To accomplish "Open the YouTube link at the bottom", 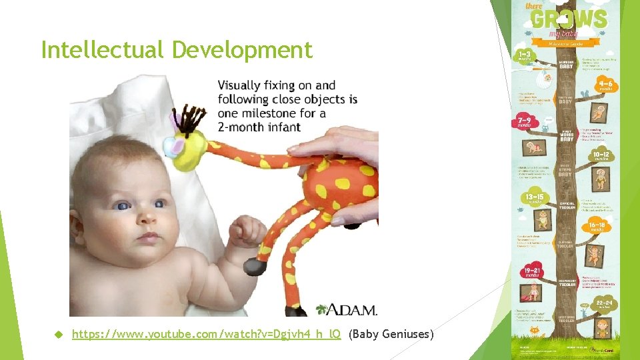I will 207,333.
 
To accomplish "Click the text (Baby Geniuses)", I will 391,333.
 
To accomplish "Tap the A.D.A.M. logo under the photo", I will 347,309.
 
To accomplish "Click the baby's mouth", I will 148,237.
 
